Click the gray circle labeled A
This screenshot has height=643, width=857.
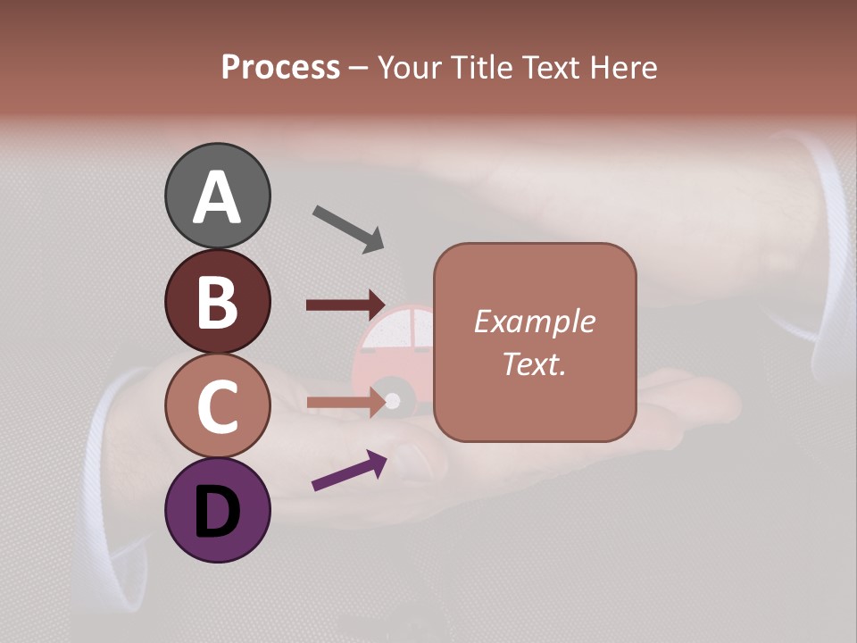click(217, 196)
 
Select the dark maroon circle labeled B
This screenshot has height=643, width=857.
click(217, 301)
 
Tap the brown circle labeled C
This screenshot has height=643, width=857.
click(217, 405)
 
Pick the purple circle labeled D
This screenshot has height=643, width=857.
click(217, 510)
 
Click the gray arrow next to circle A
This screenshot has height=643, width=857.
click(348, 229)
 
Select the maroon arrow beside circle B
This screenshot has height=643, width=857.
click(345, 305)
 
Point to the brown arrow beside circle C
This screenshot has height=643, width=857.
click(345, 402)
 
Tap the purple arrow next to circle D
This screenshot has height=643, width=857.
click(349, 471)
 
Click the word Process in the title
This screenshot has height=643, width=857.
click(280, 67)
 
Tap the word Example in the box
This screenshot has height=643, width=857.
click(535, 321)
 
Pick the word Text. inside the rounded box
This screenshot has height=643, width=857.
click(535, 363)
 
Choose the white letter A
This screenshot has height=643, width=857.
click(217, 197)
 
